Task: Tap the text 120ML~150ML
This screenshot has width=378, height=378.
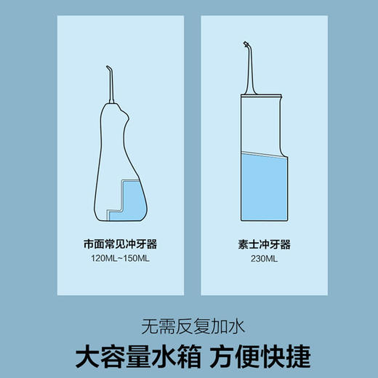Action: point(119,258)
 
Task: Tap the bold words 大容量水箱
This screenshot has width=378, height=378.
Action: point(134,357)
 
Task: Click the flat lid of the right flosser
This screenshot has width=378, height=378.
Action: point(259,94)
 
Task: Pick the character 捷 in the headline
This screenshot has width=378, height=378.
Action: point(296,357)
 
